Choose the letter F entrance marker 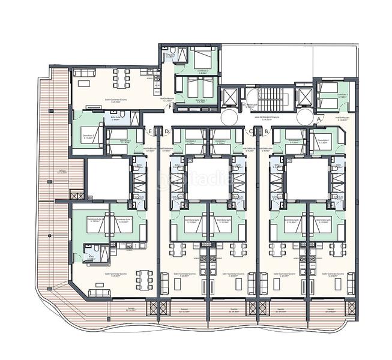[x=170, y=107]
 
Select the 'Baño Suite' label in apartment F [x=170, y=55]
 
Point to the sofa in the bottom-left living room [x=99, y=292]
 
